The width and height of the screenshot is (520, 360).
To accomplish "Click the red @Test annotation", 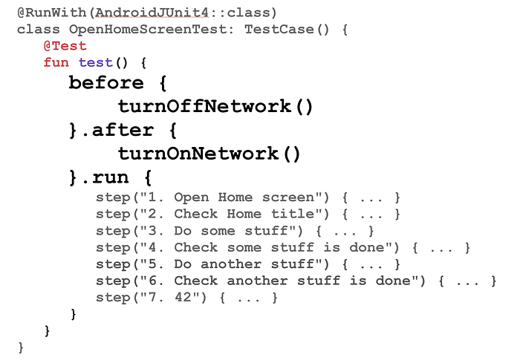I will pos(65,46).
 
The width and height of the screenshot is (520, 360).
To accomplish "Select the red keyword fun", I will pos(56,62).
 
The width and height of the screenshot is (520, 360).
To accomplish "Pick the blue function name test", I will pos(95,62).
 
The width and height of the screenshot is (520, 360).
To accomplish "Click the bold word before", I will pos(106,82).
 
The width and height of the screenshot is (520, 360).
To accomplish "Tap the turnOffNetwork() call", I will pos(215,106).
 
